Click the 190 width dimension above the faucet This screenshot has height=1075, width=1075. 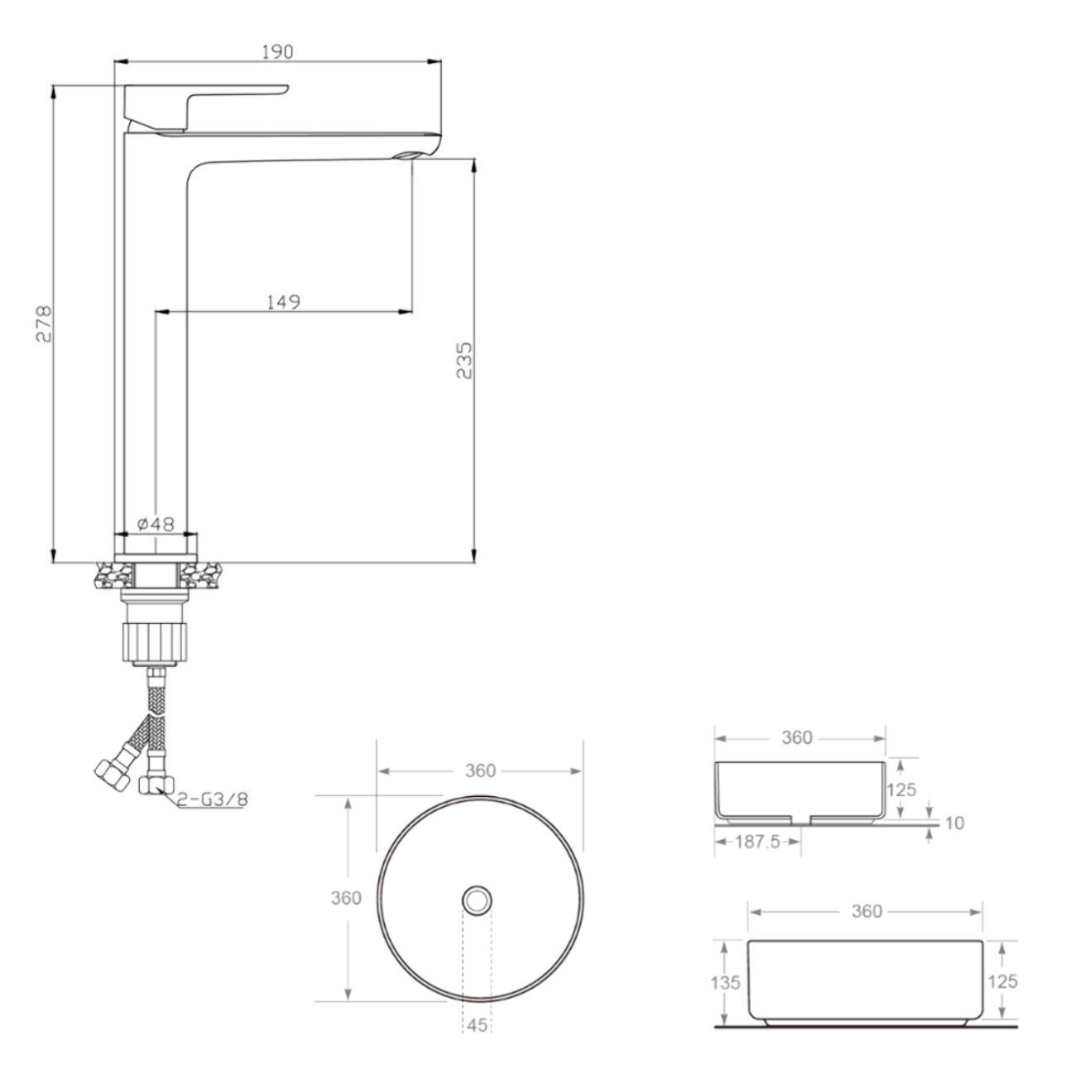(277, 52)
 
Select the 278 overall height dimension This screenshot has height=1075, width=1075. (44, 324)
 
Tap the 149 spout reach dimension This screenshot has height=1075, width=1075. (283, 302)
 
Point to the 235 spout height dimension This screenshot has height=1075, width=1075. (464, 360)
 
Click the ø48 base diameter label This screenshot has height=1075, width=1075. (156, 524)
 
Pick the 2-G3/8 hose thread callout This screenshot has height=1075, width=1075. (213, 799)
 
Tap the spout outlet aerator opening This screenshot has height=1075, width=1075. (406, 155)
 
